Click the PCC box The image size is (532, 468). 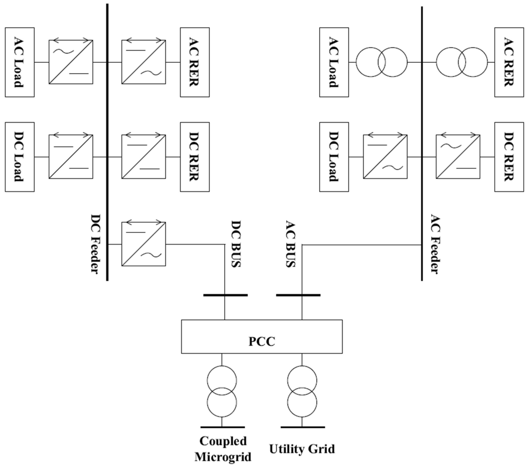[262, 337]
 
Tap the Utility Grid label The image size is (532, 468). [302, 449]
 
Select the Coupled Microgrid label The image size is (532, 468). [223, 449]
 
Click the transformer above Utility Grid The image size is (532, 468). [302, 391]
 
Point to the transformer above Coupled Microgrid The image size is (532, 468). [222, 391]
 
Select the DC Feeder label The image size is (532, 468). [96, 244]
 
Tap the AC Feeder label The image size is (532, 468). [435, 244]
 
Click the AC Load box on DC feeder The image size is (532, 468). [20, 62]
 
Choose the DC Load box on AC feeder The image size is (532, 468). [334, 157]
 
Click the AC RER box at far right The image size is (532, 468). [509, 62]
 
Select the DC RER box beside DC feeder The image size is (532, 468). [195, 157]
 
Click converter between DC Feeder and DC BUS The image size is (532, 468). [144, 244]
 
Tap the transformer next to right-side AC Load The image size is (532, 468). [381, 62]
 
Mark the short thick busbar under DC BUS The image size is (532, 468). [225, 295]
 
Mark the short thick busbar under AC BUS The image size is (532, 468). [298, 295]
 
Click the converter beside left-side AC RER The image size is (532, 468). [144, 62]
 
